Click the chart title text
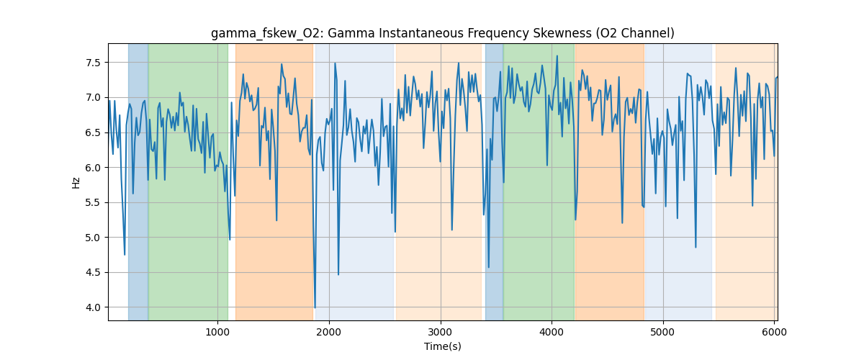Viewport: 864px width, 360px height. [x=442, y=33]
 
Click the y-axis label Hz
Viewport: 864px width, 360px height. [x=76, y=182]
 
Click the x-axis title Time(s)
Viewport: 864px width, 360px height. [x=442, y=346]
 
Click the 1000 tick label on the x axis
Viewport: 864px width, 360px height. [x=217, y=331]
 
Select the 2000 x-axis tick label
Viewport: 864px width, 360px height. [x=329, y=331]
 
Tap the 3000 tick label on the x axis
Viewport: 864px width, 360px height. [x=441, y=331]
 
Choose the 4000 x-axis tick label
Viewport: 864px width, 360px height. [x=552, y=331]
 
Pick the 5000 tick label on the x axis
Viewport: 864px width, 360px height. [x=663, y=331]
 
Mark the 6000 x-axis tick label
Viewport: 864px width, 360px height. [x=774, y=331]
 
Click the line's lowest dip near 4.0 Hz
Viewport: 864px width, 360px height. [x=315, y=307]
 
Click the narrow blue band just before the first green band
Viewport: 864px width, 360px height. [x=138, y=180]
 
